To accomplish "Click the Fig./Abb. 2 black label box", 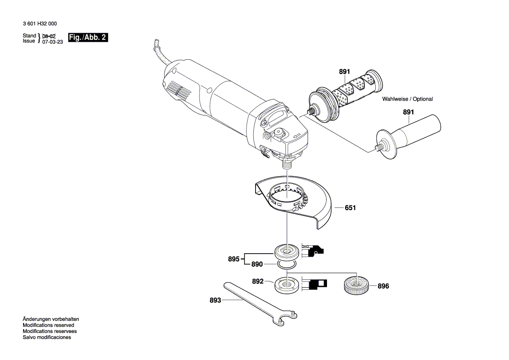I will (x=88, y=37).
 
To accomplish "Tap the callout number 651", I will (x=350, y=208).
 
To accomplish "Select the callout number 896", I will (x=383, y=286).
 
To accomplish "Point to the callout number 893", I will (x=215, y=300).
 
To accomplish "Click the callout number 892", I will (x=258, y=282).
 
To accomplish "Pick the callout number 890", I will (x=257, y=264).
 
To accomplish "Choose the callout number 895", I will (x=233, y=259).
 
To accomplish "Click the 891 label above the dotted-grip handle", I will (x=344, y=71).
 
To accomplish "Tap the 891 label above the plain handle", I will (x=408, y=112).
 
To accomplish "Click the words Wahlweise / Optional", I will (x=408, y=99).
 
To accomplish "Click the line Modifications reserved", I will (x=48, y=325).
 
